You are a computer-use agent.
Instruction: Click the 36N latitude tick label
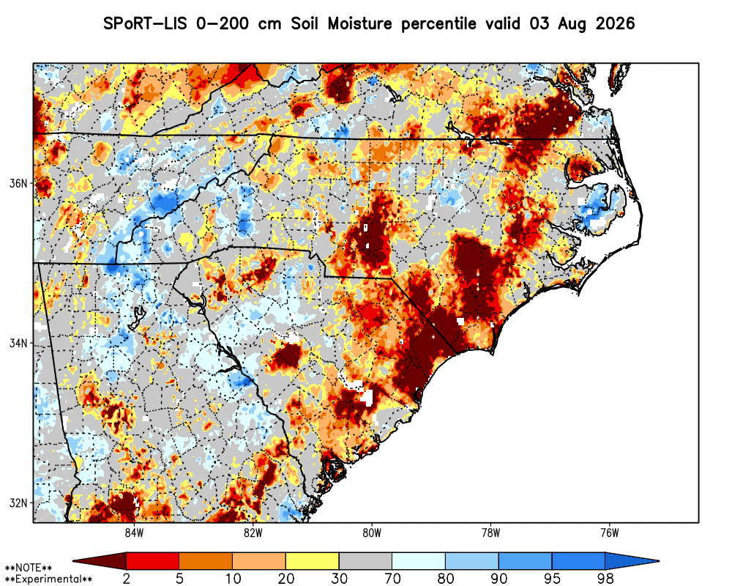pos(18,183)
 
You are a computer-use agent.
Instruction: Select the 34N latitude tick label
pos(18,344)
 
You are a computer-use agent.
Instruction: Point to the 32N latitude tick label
pos(18,503)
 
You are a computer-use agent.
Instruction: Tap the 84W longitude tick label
pos(134,533)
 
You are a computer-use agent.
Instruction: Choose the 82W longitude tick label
pos(253,533)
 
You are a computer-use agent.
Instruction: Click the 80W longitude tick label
pos(372,533)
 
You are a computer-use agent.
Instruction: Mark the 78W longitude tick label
pos(490,533)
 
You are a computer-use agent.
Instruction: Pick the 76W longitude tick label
pos(610,533)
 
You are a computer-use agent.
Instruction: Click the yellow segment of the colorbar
pos(313,561)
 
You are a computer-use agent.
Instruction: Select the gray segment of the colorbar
pos(365,561)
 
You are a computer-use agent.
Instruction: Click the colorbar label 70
pos(392,579)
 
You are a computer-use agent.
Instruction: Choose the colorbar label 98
pos(605,579)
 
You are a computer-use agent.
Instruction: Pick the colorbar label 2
pos(127,579)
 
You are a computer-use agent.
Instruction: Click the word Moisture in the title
pos(360,23)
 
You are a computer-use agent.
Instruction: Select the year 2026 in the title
pos(616,23)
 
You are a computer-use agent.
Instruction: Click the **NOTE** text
pos(28,568)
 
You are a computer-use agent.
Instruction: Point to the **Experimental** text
pos(48,579)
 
